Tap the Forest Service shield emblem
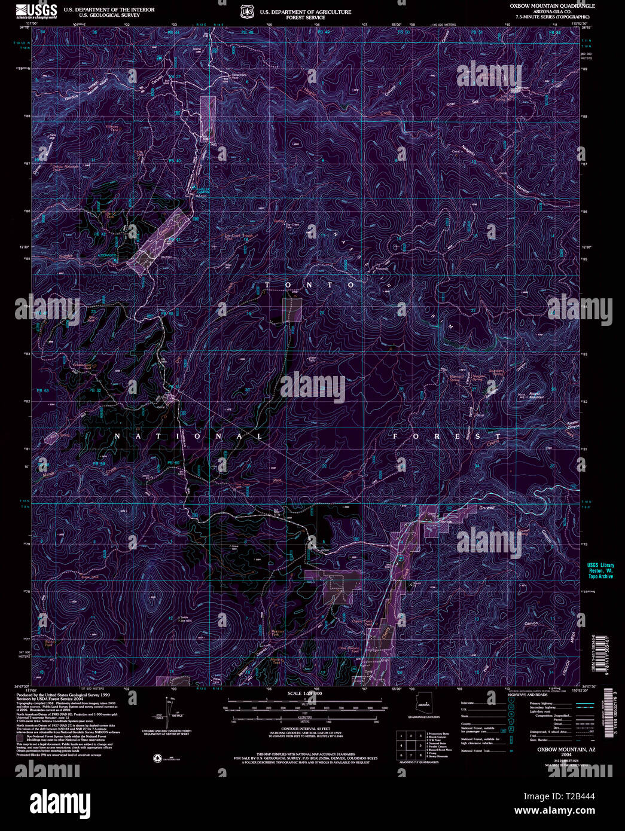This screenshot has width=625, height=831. click(245, 11)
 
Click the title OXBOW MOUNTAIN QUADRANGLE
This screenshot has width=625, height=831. click(552, 5)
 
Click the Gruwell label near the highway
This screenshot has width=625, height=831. click(487, 508)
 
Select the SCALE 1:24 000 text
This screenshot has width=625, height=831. click(304, 693)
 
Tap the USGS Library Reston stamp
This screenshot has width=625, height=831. click(600, 570)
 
